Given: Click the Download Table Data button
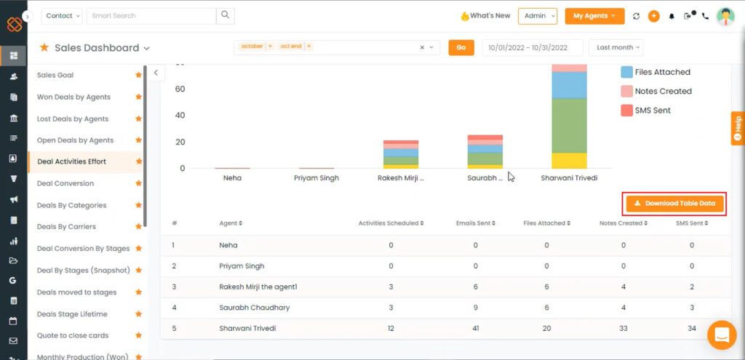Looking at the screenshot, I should click(x=675, y=204).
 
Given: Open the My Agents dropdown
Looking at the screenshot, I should click(x=594, y=16).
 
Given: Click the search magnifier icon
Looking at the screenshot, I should click(x=226, y=15).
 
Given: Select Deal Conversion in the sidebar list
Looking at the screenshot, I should click(x=65, y=183).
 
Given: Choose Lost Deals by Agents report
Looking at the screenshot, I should click(x=72, y=119).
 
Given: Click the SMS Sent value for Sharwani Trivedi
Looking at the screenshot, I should click(x=691, y=329).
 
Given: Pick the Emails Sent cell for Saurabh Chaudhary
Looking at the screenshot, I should click(x=475, y=308).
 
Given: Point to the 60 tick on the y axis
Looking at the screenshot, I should click(x=180, y=89).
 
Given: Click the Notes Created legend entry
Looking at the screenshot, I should click(x=663, y=92).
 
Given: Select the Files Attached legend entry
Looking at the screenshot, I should click(x=662, y=72).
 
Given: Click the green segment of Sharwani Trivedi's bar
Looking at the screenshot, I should click(x=569, y=125).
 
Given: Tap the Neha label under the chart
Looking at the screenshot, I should click(x=232, y=178).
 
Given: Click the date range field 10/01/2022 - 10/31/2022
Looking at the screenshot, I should click(x=533, y=47).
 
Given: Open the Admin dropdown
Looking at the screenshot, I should click(x=537, y=16).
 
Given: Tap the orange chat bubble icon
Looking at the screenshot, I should click(x=722, y=335).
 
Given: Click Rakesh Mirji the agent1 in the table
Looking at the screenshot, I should click(x=258, y=287).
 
